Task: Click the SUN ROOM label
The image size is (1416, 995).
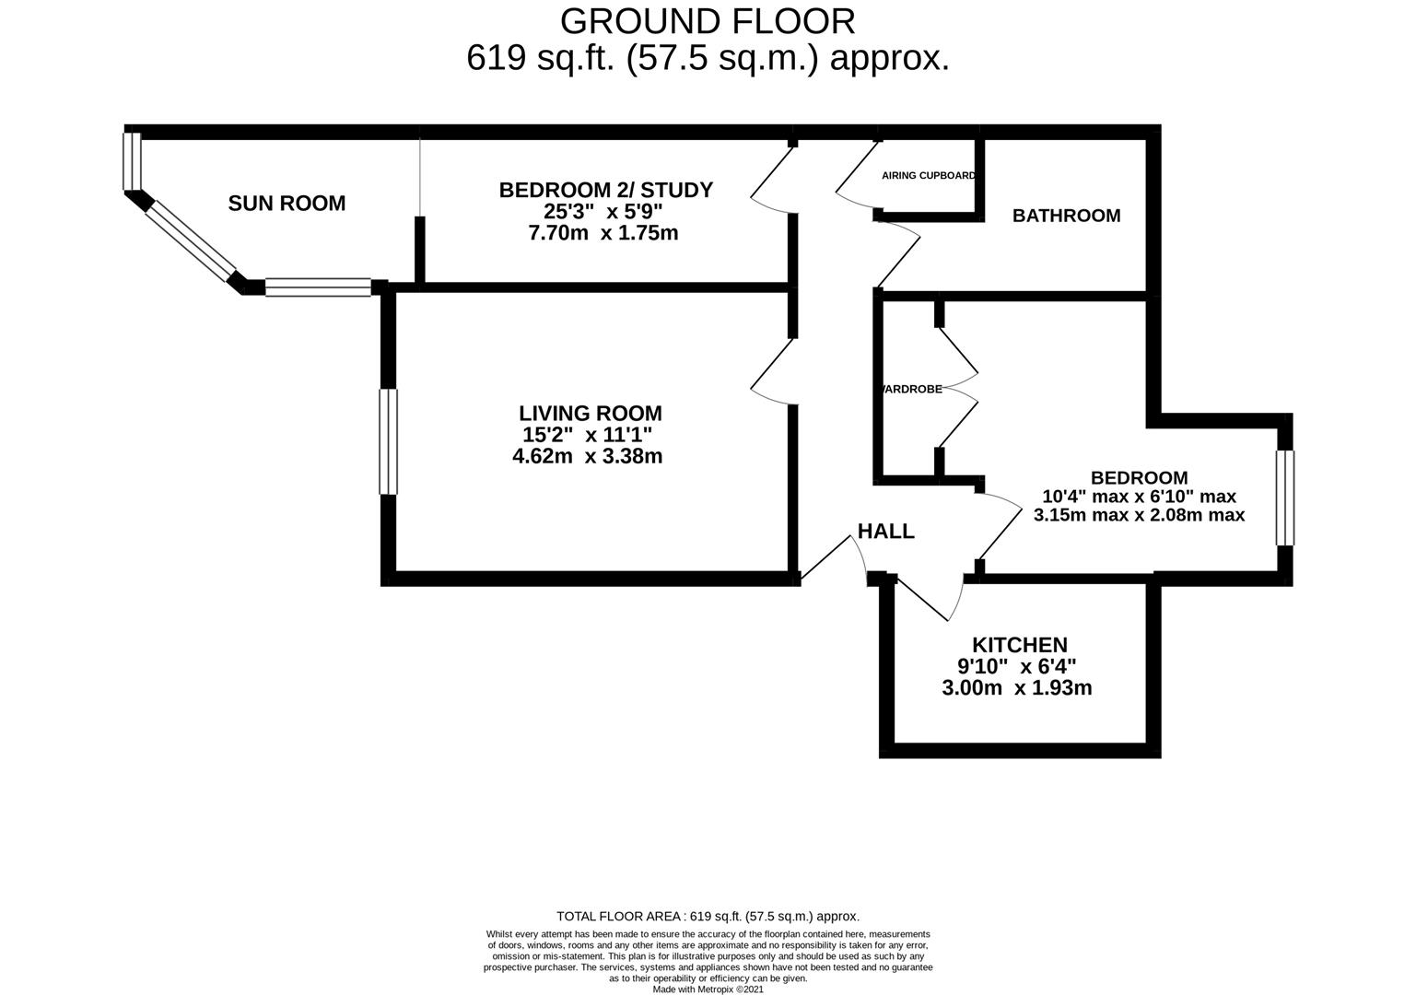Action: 287,203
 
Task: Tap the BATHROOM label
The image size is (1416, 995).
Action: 1066,216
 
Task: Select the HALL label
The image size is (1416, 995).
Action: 885,531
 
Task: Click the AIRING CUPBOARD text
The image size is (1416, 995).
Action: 928,175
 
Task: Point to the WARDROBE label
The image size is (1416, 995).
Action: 912,389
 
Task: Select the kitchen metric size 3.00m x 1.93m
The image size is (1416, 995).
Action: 1017,687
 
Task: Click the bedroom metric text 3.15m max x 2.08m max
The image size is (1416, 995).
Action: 1139,515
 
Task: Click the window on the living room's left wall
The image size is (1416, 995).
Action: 389,441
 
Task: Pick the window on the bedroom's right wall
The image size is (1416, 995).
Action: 1284,497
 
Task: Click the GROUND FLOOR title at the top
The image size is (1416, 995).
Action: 708,20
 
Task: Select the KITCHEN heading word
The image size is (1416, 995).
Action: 1019,645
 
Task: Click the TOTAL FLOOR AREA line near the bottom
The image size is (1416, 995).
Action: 708,916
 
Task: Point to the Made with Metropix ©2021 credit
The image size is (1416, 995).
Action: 708,989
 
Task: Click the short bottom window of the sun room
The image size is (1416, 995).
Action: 319,287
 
